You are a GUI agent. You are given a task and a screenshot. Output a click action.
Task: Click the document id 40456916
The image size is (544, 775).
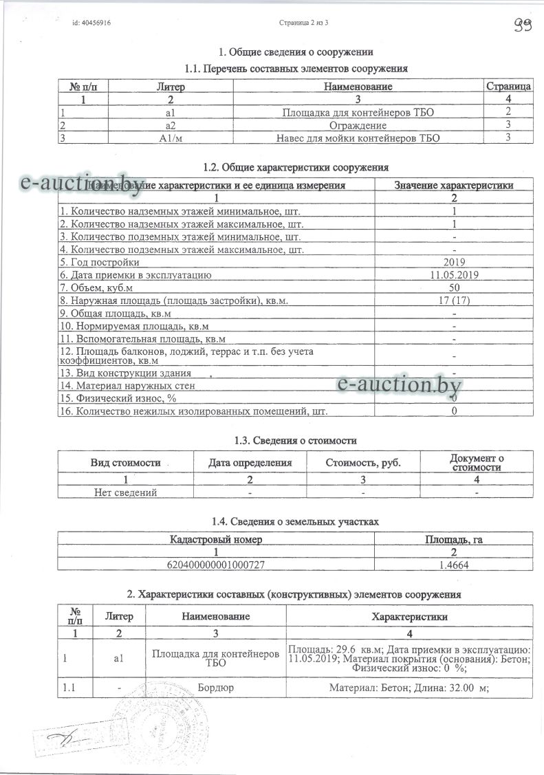[91, 23]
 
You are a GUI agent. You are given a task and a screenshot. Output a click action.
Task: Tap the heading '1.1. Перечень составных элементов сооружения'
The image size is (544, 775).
[296, 69]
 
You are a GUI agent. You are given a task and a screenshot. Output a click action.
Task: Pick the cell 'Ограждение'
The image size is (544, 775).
[358, 125]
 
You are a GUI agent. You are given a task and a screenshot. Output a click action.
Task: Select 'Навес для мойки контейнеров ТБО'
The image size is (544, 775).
[358, 138]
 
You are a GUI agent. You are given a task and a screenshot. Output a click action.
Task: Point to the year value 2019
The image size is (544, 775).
[455, 262]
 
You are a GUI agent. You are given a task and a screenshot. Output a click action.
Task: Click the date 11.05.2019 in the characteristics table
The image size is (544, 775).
[455, 274]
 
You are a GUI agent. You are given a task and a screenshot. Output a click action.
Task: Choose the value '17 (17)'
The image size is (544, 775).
[455, 300]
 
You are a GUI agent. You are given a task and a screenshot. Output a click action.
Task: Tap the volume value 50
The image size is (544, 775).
[455, 287]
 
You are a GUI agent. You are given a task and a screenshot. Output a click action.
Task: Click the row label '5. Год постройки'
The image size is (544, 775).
[100, 262]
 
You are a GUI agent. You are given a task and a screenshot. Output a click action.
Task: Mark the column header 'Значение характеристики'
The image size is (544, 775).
[454, 185]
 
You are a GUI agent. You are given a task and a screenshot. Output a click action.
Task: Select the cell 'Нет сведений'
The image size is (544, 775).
[126, 492]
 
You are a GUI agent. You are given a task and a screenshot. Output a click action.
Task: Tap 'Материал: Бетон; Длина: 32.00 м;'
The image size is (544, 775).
[409, 688]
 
